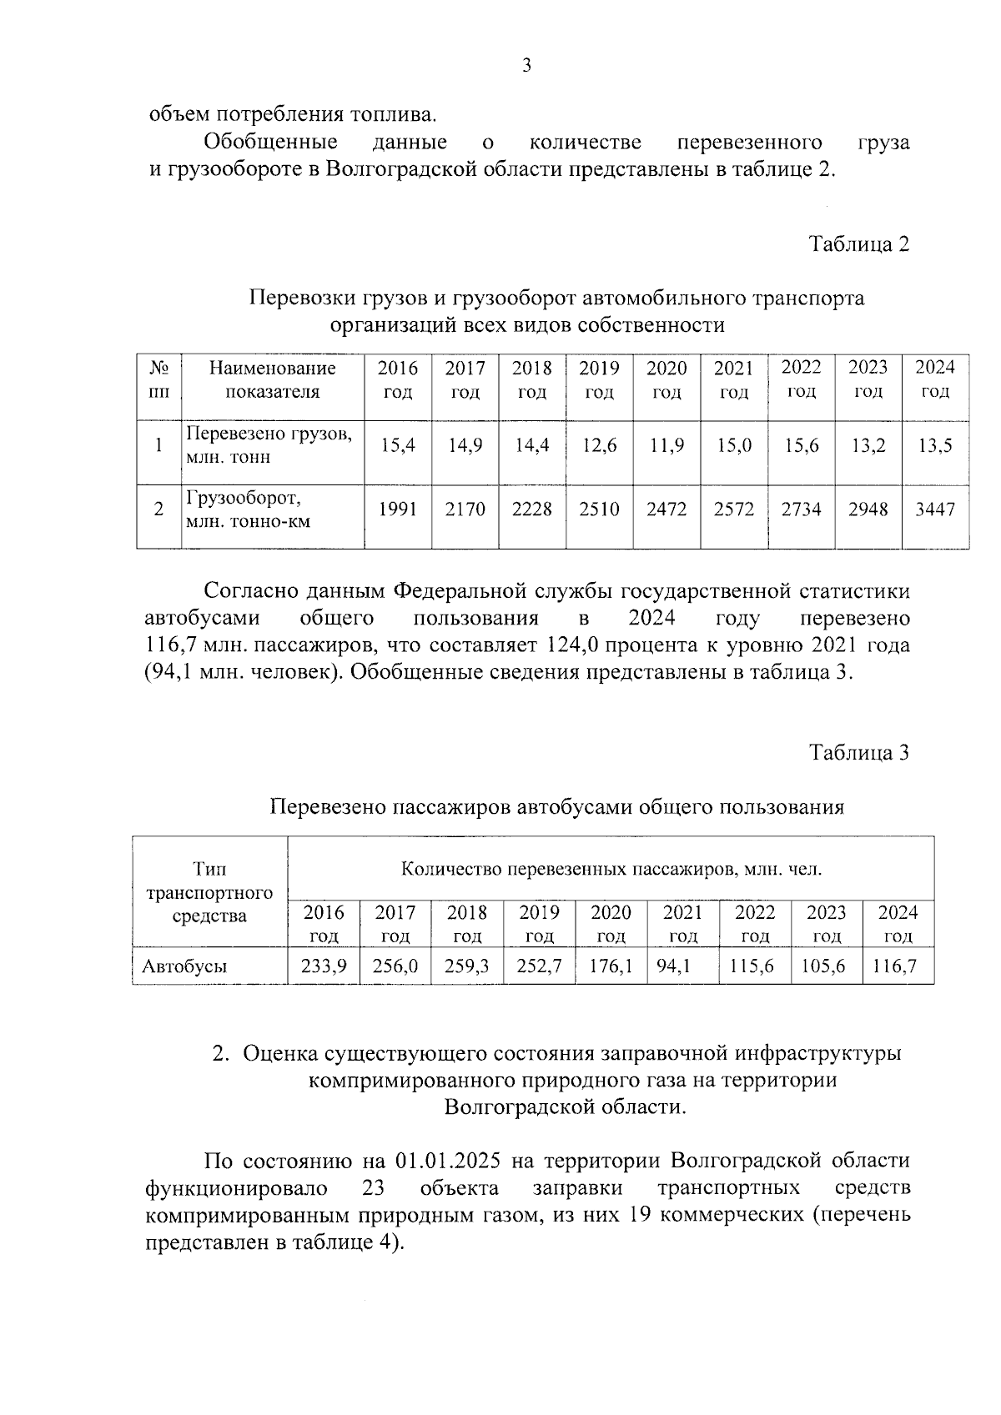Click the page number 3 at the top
[x=526, y=67]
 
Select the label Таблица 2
[x=858, y=244]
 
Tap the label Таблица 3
[x=858, y=753]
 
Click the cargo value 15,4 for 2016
[x=398, y=446]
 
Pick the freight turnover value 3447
[x=935, y=509]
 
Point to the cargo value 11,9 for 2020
[x=666, y=446]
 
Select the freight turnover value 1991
[x=398, y=509]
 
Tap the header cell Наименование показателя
[x=272, y=379]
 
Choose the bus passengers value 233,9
[x=323, y=967]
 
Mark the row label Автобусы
[x=185, y=967]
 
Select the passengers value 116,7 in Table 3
[x=897, y=967]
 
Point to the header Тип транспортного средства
[x=209, y=892]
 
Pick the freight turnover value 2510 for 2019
[x=599, y=509]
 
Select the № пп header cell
[x=158, y=379]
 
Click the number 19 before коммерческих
[x=638, y=1215]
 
